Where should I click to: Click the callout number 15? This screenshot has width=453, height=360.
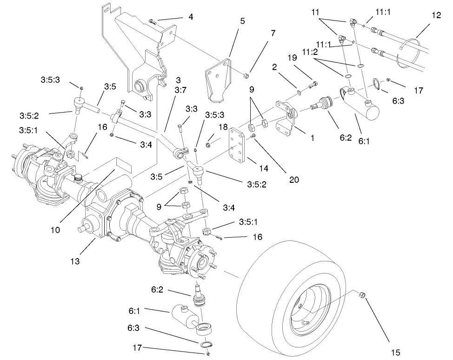tap(396, 352)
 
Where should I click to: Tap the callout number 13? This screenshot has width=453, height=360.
tap(75, 261)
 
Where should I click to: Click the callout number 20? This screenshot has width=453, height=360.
tap(294, 179)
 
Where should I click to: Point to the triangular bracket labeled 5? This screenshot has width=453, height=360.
tap(218, 81)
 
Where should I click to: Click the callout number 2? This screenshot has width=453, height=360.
tap(275, 67)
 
